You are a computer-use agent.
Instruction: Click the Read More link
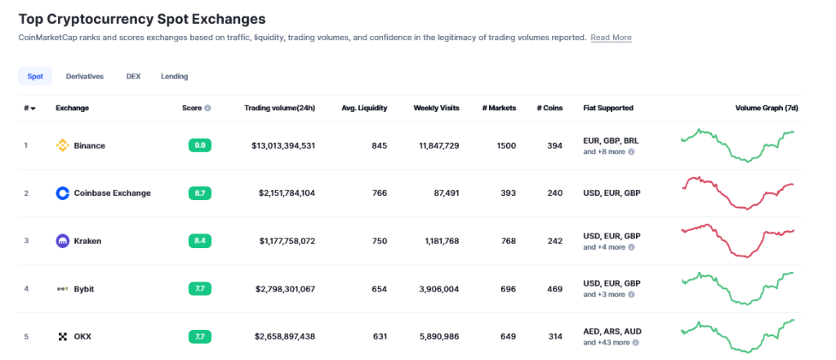(x=611, y=38)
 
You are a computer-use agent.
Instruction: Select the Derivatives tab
(x=85, y=76)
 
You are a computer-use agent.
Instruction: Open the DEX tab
(x=133, y=76)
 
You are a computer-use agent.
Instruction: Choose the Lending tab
(x=174, y=76)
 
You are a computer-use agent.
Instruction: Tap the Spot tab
(x=35, y=76)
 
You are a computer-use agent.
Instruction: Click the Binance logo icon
(x=62, y=145)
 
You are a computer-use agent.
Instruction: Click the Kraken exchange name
(x=87, y=241)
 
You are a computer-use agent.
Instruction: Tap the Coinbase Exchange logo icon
(x=62, y=193)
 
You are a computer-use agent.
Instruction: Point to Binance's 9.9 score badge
(x=199, y=145)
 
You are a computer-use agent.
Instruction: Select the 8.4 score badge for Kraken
(x=199, y=241)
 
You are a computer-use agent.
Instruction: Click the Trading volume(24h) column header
(x=279, y=108)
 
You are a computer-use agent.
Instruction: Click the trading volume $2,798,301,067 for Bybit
(x=285, y=288)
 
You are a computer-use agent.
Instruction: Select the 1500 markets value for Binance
(x=506, y=145)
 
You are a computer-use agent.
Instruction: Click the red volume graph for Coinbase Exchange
(x=737, y=193)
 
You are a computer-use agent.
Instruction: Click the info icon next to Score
(x=207, y=108)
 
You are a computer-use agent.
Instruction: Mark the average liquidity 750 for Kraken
(x=379, y=241)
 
